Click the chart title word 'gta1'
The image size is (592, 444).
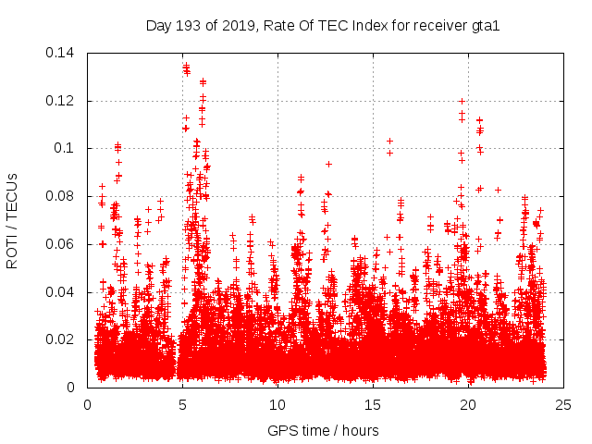(x=484, y=26)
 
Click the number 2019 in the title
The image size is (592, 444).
(x=236, y=26)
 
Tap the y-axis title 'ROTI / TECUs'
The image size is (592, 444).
(x=13, y=220)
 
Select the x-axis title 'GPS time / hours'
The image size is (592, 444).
(x=323, y=431)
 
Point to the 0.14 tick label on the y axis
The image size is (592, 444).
(x=63, y=53)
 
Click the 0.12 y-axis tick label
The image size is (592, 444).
(x=63, y=101)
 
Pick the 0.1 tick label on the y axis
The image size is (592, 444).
(x=68, y=149)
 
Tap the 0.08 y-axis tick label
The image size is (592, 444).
(x=63, y=196)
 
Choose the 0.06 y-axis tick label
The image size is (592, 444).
(x=63, y=244)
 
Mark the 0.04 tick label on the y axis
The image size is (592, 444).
(x=63, y=292)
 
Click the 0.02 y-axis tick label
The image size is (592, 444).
(x=63, y=340)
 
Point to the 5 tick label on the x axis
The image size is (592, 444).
(x=182, y=405)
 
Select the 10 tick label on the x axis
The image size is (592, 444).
(x=277, y=405)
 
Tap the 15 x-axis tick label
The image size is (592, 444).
(x=373, y=405)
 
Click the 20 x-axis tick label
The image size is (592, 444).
(x=468, y=405)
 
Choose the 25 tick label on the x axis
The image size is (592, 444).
(x=563, y=405)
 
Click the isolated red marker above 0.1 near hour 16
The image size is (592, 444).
(x=390, y=142)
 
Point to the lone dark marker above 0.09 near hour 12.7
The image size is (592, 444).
(x=328, y=164)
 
